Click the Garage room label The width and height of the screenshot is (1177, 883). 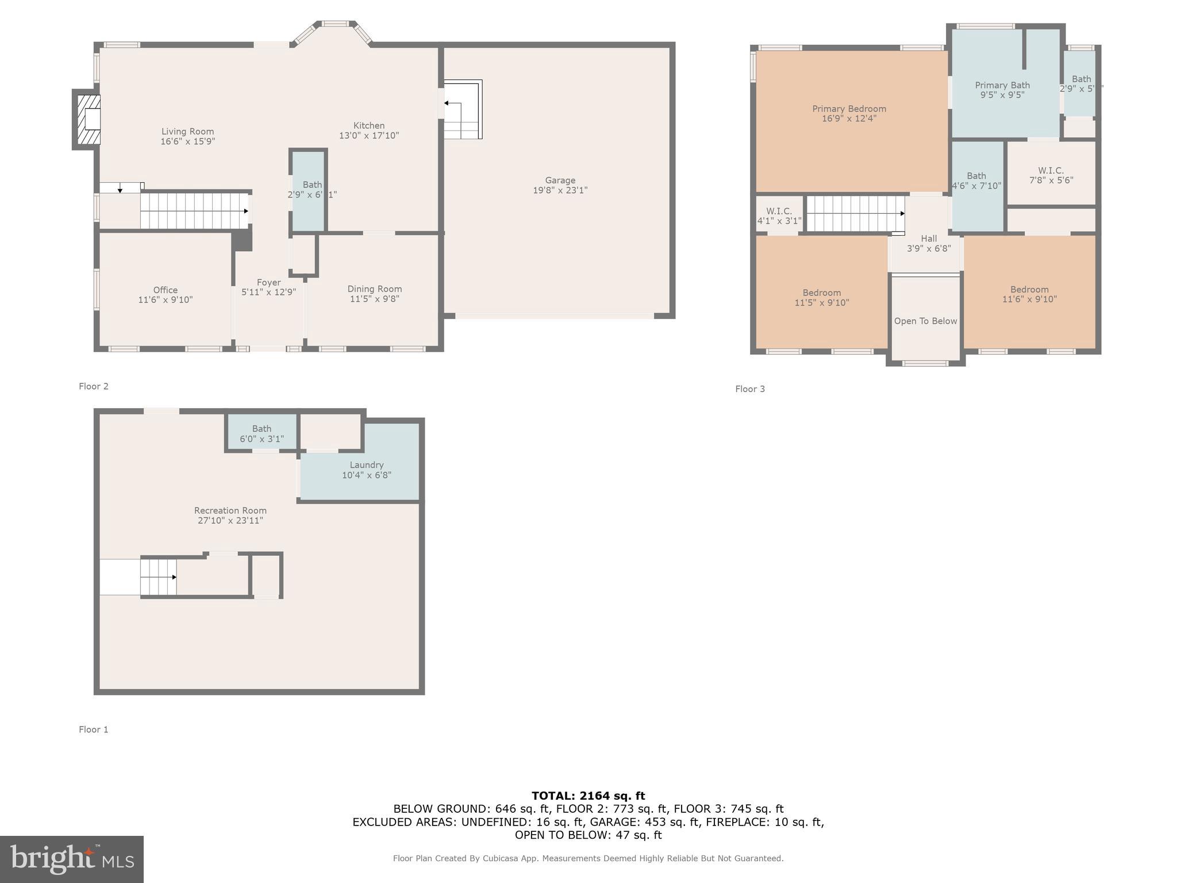(560, 181)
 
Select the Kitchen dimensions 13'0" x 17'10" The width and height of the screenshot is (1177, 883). (369, 136)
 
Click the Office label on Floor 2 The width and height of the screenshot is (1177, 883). (165, 290)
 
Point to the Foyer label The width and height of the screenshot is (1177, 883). (268, 283)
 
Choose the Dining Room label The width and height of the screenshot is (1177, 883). (374, 289)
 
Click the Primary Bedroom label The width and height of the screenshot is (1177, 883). (849, 109)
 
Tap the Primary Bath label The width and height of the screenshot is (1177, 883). (1002, 85)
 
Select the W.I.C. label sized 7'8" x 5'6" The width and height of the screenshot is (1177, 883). (1051, 171)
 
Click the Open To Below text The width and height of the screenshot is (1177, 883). (925, 321)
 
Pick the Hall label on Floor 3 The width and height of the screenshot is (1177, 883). (929, 239)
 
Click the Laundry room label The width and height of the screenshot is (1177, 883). (366, 464)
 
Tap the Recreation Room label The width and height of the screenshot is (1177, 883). (230, 510)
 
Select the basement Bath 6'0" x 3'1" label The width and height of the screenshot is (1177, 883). (261, 429)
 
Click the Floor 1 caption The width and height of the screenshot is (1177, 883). (93, 730)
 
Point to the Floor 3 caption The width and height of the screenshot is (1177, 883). (750, 389)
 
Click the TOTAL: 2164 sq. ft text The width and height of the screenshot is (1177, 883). (588, 796)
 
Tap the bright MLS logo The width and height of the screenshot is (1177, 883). (72, 859)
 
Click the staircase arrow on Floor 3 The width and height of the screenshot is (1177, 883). (902, 213)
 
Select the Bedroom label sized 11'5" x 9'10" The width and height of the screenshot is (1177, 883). (821, 293)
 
